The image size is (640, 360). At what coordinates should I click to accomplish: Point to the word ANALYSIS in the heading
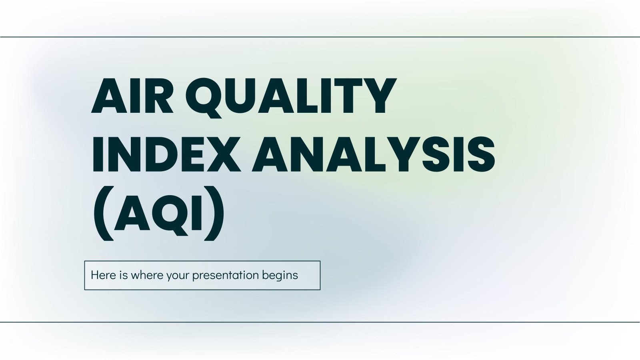point(373,155)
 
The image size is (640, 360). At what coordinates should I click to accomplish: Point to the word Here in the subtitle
point(103,275)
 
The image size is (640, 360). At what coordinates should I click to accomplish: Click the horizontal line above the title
point(320,37)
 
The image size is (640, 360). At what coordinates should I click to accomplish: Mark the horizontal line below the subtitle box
point(320,322)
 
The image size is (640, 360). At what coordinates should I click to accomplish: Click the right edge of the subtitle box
point(320,275)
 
